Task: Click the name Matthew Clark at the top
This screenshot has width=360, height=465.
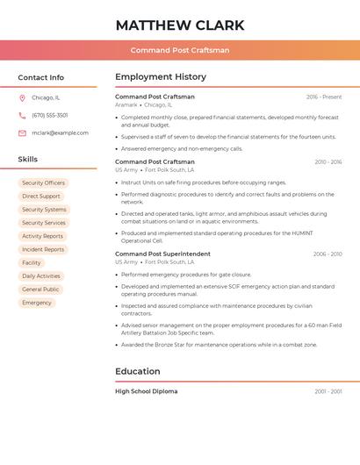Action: click(x=180, y=25)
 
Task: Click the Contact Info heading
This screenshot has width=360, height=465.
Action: click(x=41, y=77)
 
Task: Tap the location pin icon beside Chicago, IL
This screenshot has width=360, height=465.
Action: click(x=22, y=98)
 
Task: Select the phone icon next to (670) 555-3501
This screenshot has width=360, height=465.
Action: click(x=22, y=116)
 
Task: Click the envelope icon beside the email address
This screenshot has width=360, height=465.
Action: click(x=22, y=133)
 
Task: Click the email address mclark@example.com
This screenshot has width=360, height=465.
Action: click(x=60, y=133)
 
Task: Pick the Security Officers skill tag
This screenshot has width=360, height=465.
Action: click(x=43, y=183)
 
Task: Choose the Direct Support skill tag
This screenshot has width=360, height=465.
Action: click(x=41, y=197)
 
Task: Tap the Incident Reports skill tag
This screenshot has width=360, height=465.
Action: click(x=43, y=249)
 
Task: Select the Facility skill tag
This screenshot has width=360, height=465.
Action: click(x=32, y=263)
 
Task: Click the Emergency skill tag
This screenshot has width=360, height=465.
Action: click(x=37, y=303)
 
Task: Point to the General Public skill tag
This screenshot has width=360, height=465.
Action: click(x=40, y=290)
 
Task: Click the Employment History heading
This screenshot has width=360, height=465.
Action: click(x=161, y=77)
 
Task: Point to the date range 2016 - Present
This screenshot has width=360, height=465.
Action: click(x=324, y=97)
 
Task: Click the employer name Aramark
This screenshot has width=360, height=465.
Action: click(x=126, y=104)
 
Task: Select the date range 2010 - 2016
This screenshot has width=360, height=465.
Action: click(x=328, y=162)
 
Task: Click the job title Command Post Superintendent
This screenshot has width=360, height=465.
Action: click(x=162, y=254)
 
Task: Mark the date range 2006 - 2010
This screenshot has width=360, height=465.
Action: click(x=328, y=254)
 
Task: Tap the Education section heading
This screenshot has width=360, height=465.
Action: click(x=138, y=371)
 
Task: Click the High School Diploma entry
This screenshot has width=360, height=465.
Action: click(x=146, y=391)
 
